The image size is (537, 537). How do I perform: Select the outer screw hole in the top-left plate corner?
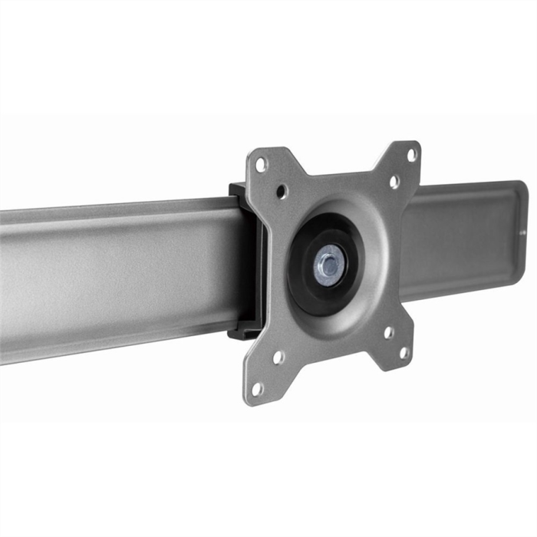click(262, 163)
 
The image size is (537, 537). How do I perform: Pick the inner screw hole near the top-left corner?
click(282, 190)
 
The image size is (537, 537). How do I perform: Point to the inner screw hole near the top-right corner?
click(394, 181)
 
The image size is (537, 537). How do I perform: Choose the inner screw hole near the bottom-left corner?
click(278, 357)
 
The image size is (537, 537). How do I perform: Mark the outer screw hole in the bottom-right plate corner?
click(404, 354)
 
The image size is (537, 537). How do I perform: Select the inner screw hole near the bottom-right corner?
click(388, 333)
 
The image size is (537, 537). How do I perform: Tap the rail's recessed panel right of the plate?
click(460, 238)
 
